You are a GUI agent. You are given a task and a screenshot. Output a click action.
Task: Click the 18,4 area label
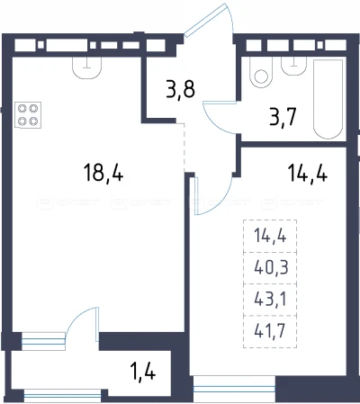tap(103, 173)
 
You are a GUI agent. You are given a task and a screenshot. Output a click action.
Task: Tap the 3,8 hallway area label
tap(181, 89)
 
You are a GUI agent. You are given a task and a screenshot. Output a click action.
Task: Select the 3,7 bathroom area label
tap(283, 117)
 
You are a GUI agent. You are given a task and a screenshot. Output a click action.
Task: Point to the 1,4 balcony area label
tap(143, 372)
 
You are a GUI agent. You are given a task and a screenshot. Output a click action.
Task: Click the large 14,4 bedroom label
tap(308, 173)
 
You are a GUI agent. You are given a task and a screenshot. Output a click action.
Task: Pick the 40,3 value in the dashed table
tap(271, 267)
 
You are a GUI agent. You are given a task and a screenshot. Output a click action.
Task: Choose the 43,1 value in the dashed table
tap(271, 299)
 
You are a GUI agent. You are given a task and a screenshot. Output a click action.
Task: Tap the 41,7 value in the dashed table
tap(270, 331)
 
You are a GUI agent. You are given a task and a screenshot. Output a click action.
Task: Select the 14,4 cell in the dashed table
tap(270, 236)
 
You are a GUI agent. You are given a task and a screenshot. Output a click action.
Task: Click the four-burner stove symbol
tap(28, 115)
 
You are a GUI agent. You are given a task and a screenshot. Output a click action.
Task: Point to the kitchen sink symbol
tap(87, 67)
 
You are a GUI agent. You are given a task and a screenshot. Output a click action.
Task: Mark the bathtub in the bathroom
tap(328, 99)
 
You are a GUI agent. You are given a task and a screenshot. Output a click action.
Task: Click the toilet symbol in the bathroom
tap(261, 72)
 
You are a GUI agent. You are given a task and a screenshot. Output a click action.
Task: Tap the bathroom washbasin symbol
tap(294, 66)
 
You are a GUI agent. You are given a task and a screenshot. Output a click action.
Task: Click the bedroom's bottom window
tap(234, 389)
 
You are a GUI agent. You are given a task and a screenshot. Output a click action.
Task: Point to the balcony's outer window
tap(62, 396)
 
